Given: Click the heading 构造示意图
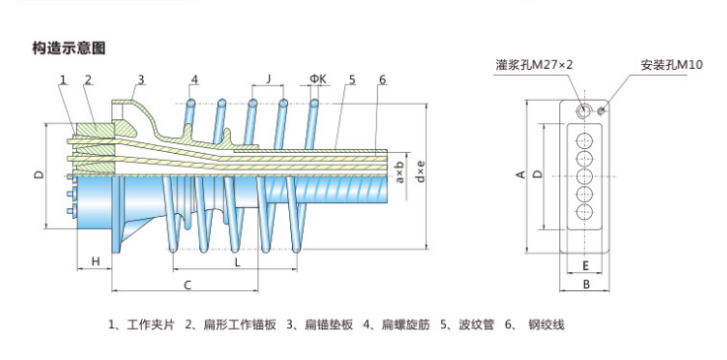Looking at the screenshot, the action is [x=69, y=48].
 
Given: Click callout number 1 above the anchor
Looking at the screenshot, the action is [x=63, y=80].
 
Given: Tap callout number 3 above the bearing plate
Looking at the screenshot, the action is [x=141, y=80].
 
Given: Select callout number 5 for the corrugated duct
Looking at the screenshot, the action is [x=352, y=80].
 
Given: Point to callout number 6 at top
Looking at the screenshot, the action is [x=382, y=80].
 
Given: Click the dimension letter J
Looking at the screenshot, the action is [x=268, y=79].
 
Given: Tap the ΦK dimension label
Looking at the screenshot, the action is [x=318, y=79].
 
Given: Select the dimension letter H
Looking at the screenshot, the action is [x=96, y=261].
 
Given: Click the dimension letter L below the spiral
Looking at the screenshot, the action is [x=237, y=262].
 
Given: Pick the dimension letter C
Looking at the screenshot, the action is [x=187, y=285].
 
